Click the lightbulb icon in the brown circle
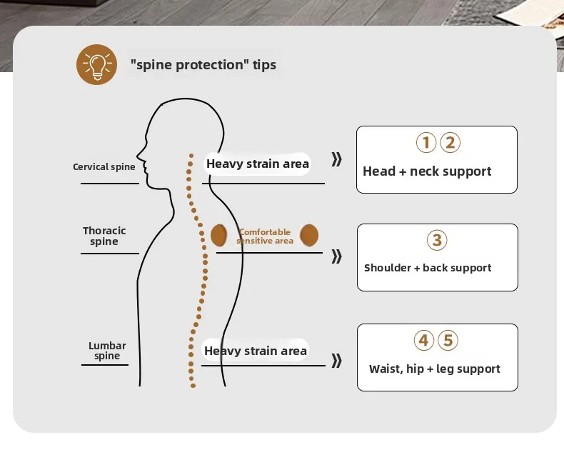[x=96, y=64]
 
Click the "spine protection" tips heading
[x=203, y=65]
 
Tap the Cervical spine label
[x=104, y=167]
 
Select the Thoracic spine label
[x=104, y=236]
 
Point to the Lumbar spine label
[x=107, y=351]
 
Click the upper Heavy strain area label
[x=258, y=164]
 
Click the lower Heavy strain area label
[x=256, y=351]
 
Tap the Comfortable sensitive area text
[x=265, y=236]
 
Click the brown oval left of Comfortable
[x=218, y=234]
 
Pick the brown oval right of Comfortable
[x=309, y=234]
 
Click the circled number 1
[x=425, y=143]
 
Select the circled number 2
[x=449, y=143]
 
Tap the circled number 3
[x=437, y=240]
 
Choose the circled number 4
[x=424, y=341]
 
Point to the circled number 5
[x=448, y=341]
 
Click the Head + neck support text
[x=427, y=171]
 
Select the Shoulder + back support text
[x=428, y=268]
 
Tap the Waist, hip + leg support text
[x=434, y=369]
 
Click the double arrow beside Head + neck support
[x=337, y=159]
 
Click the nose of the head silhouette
[x=139, y=160]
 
